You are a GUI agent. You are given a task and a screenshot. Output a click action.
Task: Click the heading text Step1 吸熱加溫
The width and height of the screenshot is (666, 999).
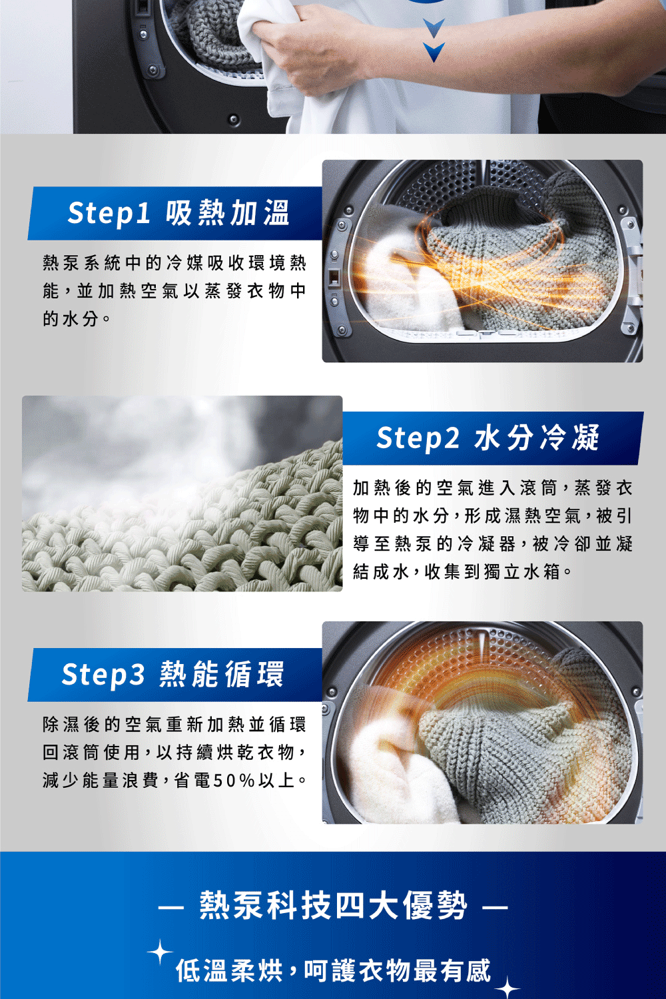tap(178, 213)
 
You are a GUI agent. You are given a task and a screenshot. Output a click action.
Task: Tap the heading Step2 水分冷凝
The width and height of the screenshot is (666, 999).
tap(488, 438)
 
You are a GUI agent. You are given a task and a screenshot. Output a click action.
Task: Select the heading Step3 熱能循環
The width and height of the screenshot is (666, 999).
tap(172, 674)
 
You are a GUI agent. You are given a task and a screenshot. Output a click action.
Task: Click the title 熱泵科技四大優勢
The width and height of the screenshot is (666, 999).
tap(333, 905)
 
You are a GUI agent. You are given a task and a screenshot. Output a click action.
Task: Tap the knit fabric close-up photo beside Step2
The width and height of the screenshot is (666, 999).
tap(182, 494)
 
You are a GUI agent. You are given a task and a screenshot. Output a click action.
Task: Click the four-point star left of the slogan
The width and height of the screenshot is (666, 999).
tap(160, 952)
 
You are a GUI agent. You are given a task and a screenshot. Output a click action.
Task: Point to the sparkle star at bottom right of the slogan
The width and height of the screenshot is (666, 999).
tap(507, 988)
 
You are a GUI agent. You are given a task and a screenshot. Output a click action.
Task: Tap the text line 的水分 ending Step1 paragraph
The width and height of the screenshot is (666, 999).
tap(71, 318)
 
